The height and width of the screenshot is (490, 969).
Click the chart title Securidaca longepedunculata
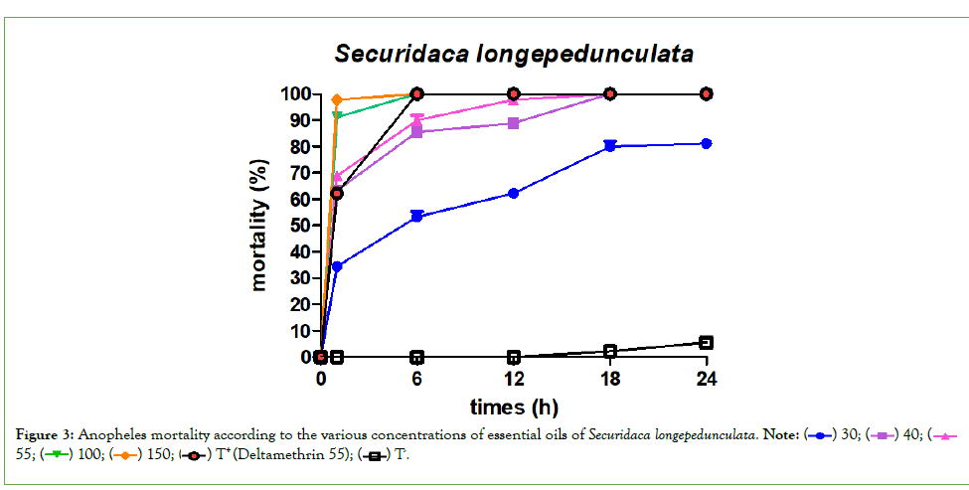[513, 53]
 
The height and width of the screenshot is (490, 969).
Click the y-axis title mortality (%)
[259, 225]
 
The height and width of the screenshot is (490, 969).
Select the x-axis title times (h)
[514, 407]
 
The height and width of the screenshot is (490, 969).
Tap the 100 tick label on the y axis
[294, 94]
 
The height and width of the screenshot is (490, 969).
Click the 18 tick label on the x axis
[609, 380]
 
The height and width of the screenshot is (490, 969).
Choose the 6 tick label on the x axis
[417, 380]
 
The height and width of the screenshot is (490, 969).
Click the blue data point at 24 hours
[706, 143]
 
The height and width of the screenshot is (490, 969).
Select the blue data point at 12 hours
[513, 193]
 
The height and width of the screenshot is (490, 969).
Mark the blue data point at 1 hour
[337, 266]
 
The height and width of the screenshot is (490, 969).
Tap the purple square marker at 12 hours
[513, 123]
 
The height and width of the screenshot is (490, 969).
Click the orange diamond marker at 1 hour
[337, 99]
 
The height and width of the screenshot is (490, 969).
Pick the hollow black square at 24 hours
[706, 342]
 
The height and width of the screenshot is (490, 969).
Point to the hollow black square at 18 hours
[609, 351]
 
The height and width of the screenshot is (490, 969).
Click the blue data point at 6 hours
[417, 216]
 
